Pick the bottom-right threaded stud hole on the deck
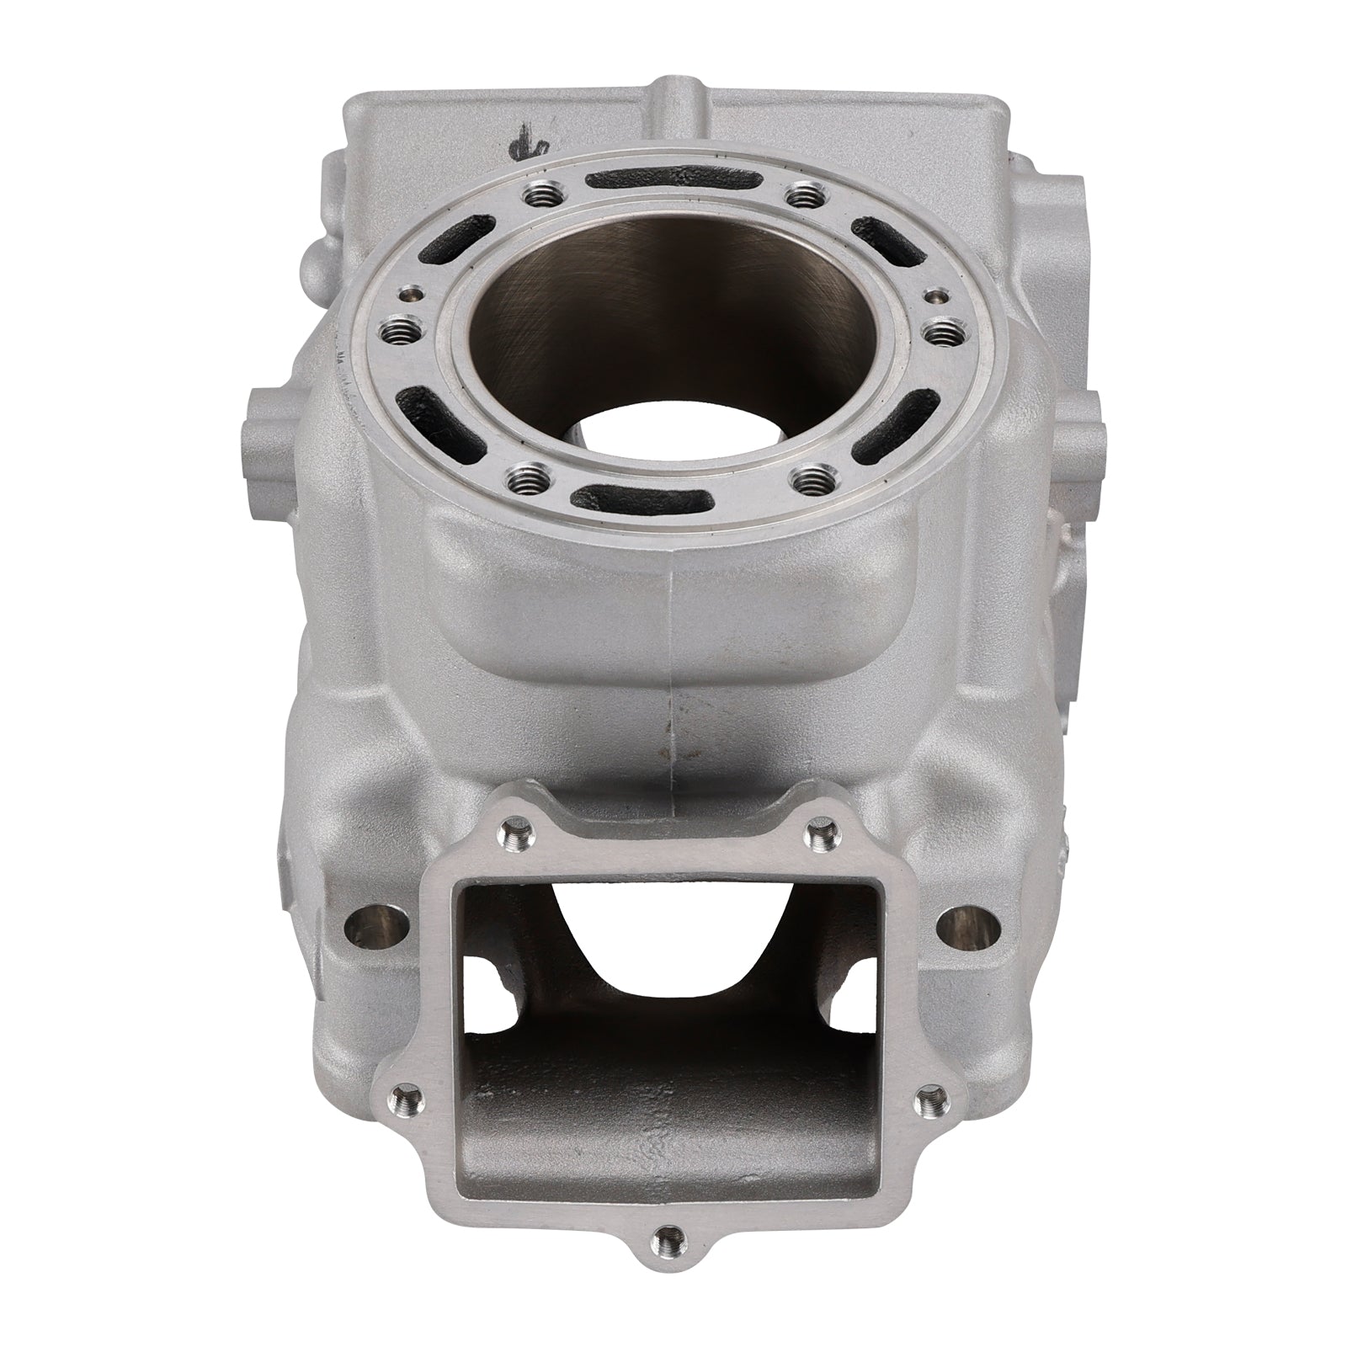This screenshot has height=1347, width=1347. tap(812, 482)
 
